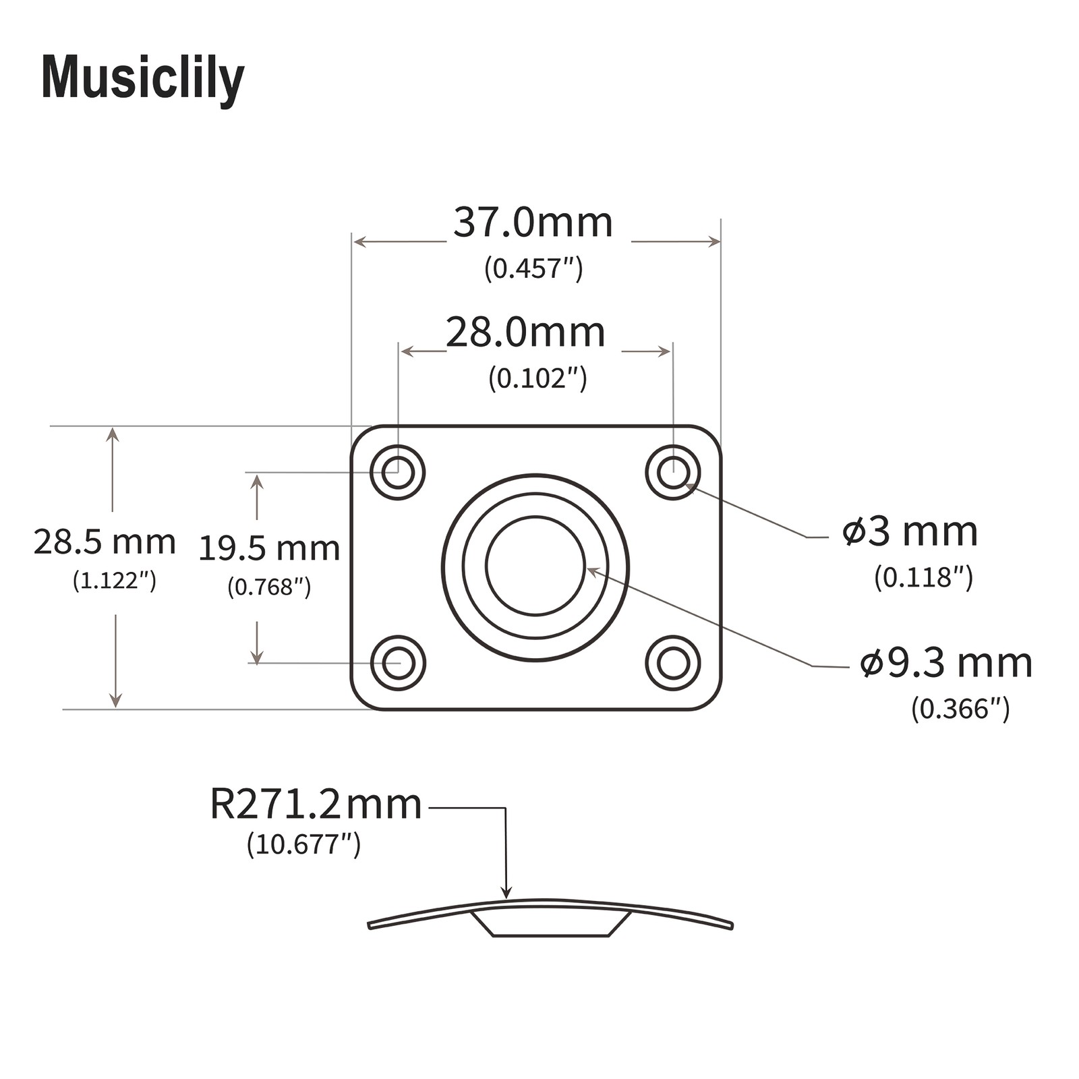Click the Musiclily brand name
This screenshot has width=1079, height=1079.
point(143,80)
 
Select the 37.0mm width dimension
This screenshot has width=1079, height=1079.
point(533,223)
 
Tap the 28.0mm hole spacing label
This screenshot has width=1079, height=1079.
point(526,333)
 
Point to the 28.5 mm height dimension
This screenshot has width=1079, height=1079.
point(105,542)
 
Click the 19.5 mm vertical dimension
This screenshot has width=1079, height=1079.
point(269,549)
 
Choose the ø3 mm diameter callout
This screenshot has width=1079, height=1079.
point(910,531)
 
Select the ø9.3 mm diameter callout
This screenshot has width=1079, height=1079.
point(946,663)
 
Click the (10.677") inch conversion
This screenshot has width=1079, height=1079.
point(303,844)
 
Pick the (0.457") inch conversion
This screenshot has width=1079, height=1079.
point(533,268)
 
